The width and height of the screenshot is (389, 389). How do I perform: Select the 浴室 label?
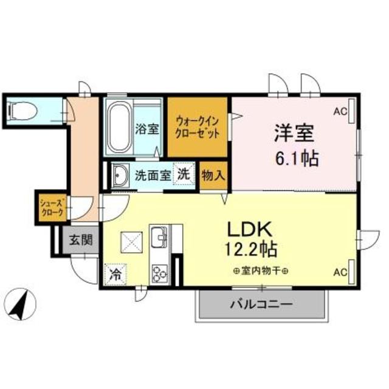[147, 129]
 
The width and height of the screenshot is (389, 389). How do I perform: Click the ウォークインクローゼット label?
[199, 127]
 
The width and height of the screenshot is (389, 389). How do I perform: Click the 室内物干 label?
[260, 271]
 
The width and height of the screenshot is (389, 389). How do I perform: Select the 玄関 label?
[80, 240]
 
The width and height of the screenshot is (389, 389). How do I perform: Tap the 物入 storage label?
[214, 175]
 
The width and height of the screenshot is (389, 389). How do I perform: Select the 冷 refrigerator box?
[115, 274]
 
